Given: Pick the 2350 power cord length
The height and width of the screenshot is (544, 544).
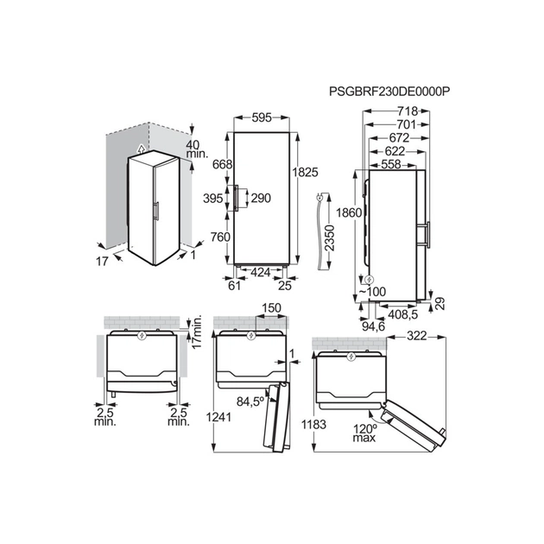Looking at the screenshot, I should coord(330,234).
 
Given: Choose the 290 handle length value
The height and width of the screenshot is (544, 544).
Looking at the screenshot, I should coord(260,198).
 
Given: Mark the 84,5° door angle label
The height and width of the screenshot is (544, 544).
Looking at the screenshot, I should coord(251,401).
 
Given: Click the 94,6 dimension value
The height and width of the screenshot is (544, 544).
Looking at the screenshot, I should coord(373,326).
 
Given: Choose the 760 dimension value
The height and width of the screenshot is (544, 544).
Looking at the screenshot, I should coord(220,237).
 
